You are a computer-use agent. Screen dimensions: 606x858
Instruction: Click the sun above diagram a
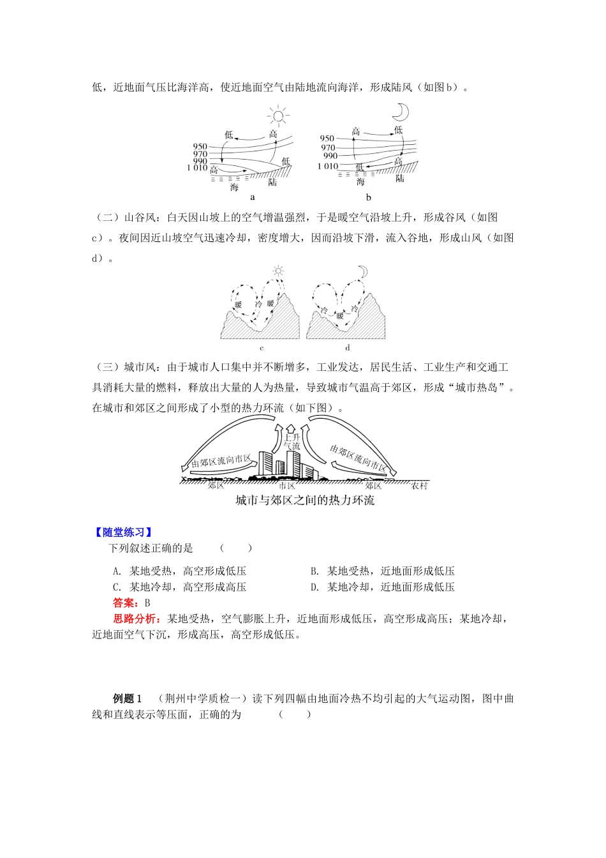278,116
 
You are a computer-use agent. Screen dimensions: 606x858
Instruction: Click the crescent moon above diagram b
400,112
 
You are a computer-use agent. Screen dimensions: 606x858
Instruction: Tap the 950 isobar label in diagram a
200,147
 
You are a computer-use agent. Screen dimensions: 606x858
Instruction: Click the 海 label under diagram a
235,187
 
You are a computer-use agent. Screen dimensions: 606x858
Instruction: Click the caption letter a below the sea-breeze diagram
253,198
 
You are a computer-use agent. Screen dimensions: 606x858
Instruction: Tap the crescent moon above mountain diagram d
362,273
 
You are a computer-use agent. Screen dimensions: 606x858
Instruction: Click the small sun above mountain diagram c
277,271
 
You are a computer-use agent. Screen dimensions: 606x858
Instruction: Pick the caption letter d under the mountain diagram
348,348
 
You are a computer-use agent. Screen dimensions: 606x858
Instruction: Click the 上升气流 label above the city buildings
292,442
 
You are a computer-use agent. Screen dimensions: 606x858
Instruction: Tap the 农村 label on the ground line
419,486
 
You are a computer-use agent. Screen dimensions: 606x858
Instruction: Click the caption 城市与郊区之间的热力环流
305,500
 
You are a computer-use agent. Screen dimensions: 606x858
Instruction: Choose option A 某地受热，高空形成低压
179,571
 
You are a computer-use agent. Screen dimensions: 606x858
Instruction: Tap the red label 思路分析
137,619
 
